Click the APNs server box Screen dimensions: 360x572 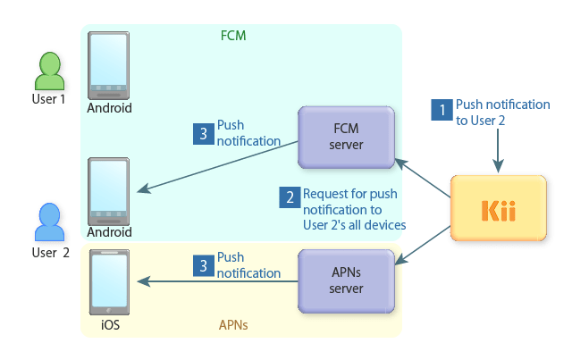click(x=346, y=280)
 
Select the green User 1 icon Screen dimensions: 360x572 click(x=51, y=76)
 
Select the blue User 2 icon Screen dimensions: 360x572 click(x=50, y=226)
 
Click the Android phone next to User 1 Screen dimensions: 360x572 click(x=109, y=67)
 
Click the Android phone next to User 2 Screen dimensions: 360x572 click(x=109, y=191)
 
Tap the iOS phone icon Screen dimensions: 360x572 click(x=109, y=283)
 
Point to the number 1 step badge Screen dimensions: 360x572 click(x=442, y=112)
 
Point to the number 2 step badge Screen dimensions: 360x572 click(x=289, y=197)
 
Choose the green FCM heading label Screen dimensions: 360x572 click(x=232, y=37)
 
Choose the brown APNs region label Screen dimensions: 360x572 click(x=233, y=326)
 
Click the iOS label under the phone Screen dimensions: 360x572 click(x=109, y=326)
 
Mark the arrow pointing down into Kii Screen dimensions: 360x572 click(x=499, y=152)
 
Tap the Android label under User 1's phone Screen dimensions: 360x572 click(x=109, y=108)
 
